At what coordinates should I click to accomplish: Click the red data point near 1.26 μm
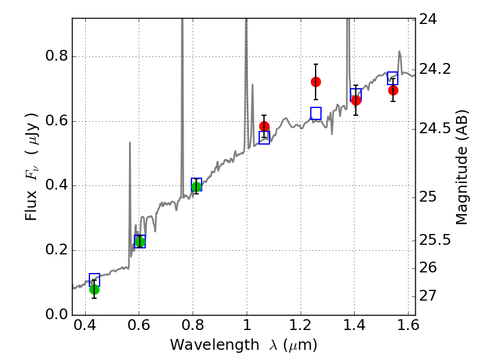point(316,82)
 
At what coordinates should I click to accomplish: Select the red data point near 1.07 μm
point(265,127)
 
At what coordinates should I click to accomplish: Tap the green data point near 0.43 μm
point(94,289)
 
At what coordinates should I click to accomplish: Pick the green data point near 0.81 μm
point(196,187)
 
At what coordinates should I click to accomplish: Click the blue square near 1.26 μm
point(316,113)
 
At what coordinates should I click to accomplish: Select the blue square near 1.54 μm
point(393,78)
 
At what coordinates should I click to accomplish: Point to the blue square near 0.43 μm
point(94,279)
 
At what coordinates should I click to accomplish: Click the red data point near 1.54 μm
point(393,90)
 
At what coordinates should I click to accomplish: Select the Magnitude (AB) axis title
point(461,167)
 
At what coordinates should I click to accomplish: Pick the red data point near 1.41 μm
point(356,100)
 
